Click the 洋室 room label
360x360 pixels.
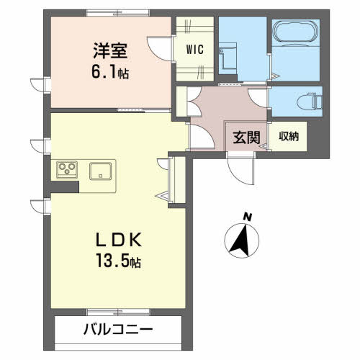[110, 50]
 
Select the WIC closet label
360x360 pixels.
[195, 50]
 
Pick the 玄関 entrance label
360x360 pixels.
[246, 138]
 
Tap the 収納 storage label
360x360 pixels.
[289, 136]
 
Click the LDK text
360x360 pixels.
[119, 240]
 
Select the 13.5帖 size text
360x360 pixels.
[118, 261]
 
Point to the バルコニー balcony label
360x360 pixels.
[118, 329]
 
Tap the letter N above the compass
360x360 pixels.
[247, 217]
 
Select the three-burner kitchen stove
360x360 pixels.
[67, 170]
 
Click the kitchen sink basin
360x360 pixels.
[101, 171]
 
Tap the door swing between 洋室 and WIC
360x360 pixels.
[160, 48]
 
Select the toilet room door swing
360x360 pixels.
[258, 97]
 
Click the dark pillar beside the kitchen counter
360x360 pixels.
[65, 187]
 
